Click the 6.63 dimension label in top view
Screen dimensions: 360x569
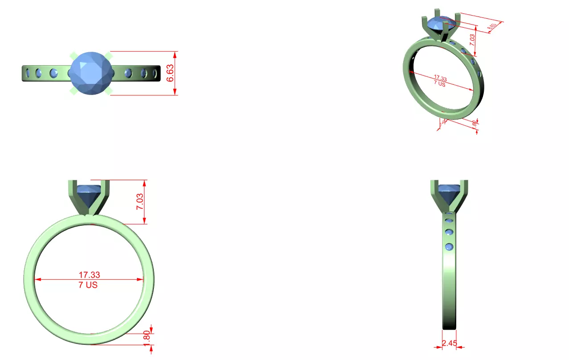point(170,73)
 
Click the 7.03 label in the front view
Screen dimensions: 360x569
point(140,202)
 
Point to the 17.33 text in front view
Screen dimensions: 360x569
point(89,275)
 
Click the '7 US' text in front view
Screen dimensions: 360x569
point(88,285)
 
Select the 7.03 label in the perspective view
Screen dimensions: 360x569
point(472,43)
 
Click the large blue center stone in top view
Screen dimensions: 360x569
point(91,73)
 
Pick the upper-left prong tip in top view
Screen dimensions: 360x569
point(73,55)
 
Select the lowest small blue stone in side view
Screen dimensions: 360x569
point(449,247)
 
